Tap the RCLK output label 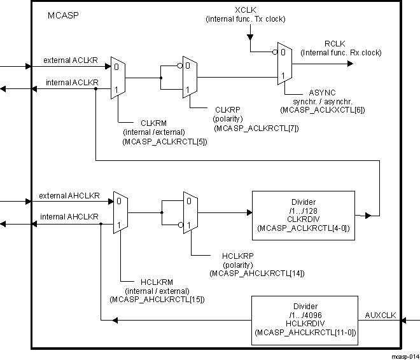coord(334,43)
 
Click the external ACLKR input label coord(70,60)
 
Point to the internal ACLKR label coord(71,83)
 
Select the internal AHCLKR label coord(69,217)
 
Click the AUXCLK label coord(381,315)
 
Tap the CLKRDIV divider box coord(295,214)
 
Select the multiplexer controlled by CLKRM coord(118,78)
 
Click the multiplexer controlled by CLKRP coord(190,78)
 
